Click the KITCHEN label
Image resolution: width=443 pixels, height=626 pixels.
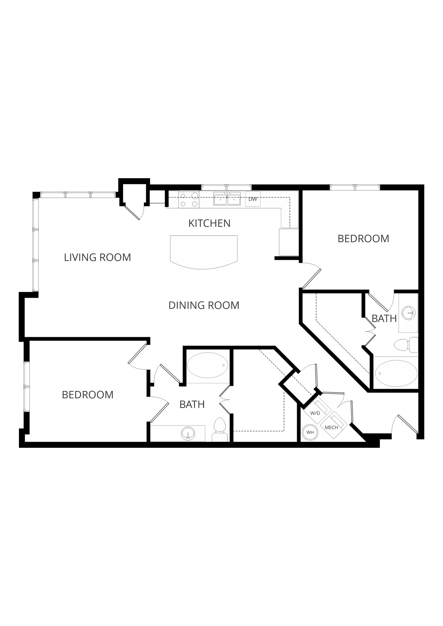click(x=209, y=223)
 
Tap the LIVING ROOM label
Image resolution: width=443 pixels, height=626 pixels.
click(x=97, y=257)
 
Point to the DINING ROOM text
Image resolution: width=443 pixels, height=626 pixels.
click(x=204, y=305)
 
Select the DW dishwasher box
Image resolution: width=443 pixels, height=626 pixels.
click(x=253, y=199)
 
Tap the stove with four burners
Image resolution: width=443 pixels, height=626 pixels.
click(x=189, y=200)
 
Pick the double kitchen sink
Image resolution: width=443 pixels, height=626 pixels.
click(x=227, y=199)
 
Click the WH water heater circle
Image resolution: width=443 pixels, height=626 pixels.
click(x=310, y=433)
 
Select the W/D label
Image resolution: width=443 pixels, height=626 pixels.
click(x=315, y=413)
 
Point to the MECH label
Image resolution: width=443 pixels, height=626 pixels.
click(x=331, y=428)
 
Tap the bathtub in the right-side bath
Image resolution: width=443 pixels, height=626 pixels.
click(x=396, y=374)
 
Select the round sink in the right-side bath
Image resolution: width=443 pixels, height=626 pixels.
click(x=408, y=313)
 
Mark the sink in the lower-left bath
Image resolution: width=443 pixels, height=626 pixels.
click(x=188, y=433)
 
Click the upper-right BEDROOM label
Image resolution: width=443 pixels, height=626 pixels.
click(x=363, y=239)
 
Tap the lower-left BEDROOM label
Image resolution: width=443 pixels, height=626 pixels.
click(x=87, y=395)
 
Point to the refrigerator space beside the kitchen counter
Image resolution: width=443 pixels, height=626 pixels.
click(x=288, y=242)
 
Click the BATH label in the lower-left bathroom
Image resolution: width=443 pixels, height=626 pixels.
click(x=192, y=405)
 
